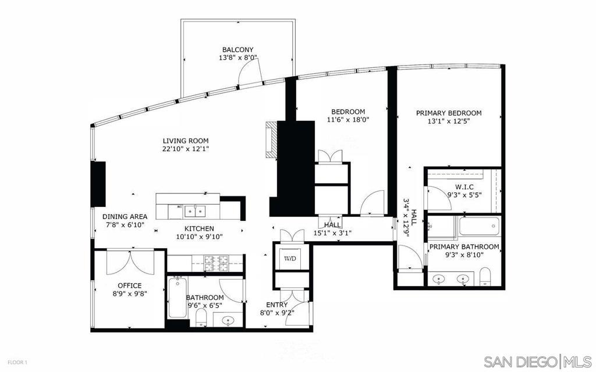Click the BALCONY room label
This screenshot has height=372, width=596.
click(238, 50)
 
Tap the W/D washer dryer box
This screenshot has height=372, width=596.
click(290, 259)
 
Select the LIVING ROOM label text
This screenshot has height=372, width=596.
click(186, 141)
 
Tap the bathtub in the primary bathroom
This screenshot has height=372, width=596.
click(478, 226)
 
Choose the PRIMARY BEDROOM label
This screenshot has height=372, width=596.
click(449, 113)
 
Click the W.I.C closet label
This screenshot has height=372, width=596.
click(464, 187)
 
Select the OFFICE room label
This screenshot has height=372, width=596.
click(130, 285)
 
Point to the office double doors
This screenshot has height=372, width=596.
click(130, 262)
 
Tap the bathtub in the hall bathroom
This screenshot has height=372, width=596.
click(177, 297)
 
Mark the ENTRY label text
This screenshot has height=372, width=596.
click(276, 305)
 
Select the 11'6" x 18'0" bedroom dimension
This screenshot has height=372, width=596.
click(348, 120)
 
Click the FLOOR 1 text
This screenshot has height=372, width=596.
click(17, 362)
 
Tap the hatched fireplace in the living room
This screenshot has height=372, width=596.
click(271, 139)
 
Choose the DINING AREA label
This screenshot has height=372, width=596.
click(125, 217)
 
